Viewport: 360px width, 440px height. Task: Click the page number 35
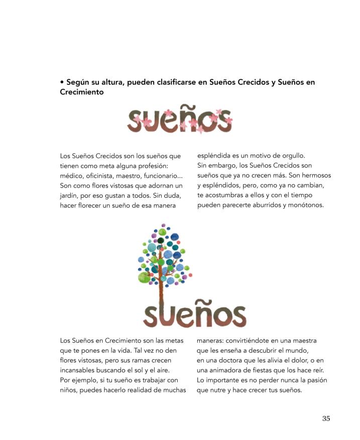click(326, 419)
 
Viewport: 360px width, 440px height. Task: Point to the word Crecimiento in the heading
click(81, 92)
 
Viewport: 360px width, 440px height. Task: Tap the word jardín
click(70, 195)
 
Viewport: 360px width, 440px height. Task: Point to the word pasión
click(316, 380)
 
